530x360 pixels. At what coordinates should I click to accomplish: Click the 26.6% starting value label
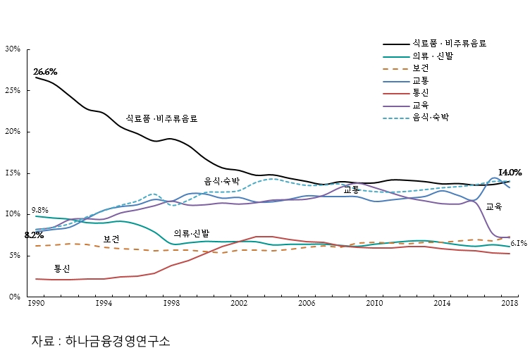pyautogui.click(x=45, y=72)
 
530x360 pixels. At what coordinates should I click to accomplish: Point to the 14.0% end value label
pyautogui.click(x=510, y=173)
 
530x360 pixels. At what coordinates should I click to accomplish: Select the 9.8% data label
pyautogui.click(x=40, y=210)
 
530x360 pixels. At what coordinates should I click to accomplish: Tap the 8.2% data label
pyautogui.click(x=34, y=235)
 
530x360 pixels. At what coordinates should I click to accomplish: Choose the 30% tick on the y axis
pyautogui.click(x=12, y=49)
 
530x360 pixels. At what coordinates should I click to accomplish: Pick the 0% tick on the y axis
pyautogui.click(x=15, y=297)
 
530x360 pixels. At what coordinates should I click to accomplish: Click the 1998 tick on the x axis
pyautogui.click(x=171, y=303)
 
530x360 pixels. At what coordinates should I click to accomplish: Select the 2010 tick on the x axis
pyautogui.click(x=374, y=303)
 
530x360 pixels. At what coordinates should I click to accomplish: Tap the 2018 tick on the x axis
pyautogui.click(x=510, y=303)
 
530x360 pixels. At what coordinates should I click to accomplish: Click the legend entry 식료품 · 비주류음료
pyautogui.click(x=450, y=43)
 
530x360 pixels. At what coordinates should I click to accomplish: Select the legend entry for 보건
pyautogui.click(x=421, y=68)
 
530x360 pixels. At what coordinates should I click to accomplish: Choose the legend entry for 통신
pyautogui.click(x=421, y=92)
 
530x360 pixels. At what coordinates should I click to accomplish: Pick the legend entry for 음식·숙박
pyautogui.click(x=431, y=117)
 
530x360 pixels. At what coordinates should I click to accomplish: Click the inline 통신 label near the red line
pyautogui.click(x=62, y=269)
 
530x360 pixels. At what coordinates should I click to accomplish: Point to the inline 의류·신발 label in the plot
pyautogui.click(x=192, y=233)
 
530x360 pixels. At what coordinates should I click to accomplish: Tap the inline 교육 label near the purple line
pyautogui.click(x=494, y=207)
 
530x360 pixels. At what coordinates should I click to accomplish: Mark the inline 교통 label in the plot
pyautogui.click(x=352, y=190)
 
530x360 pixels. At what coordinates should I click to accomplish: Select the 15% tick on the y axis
pyautogui.click(x=12, y=173)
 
